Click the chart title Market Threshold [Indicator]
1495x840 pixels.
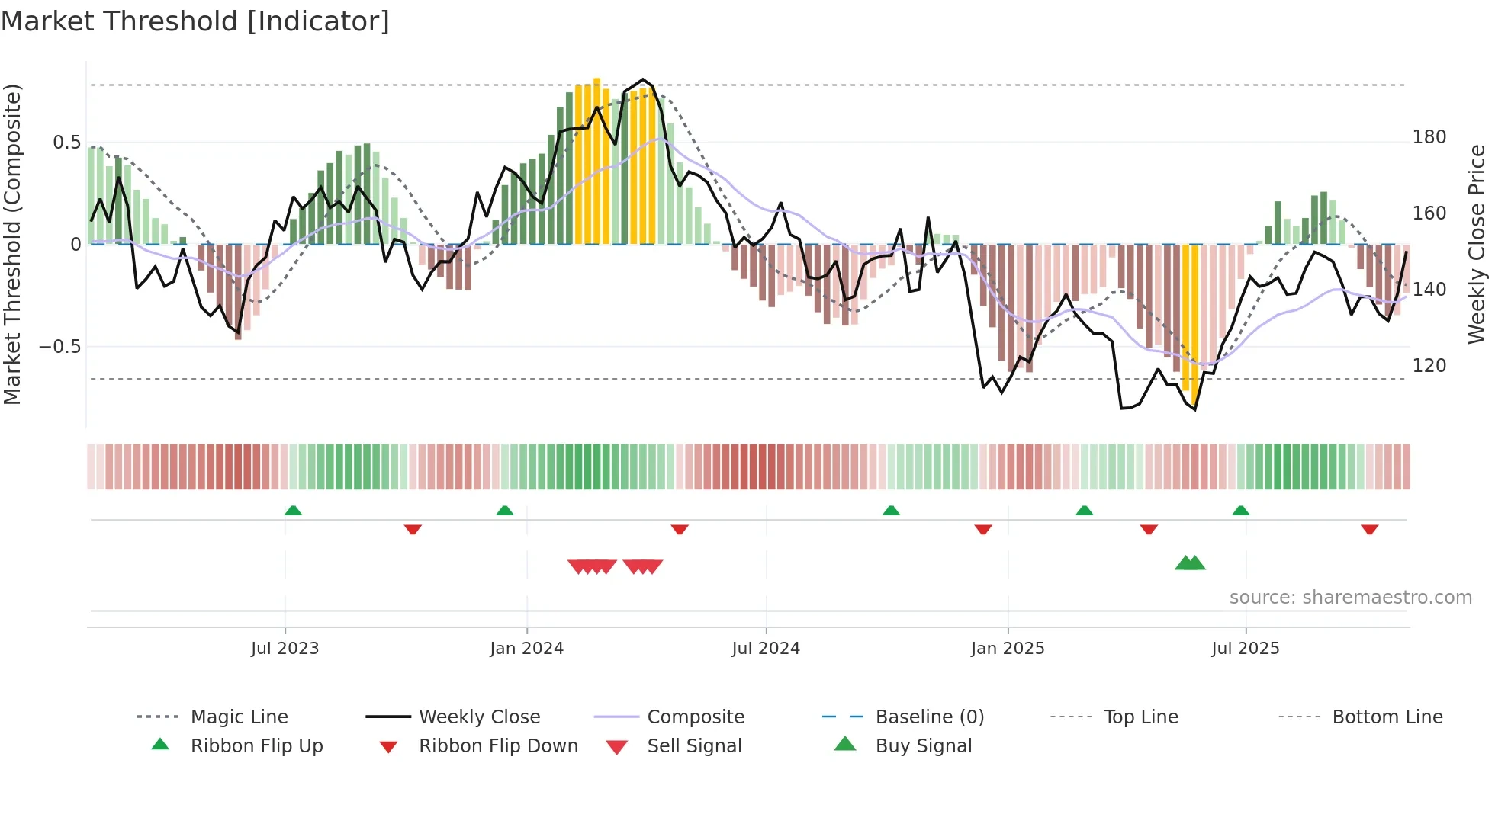coord(195,21)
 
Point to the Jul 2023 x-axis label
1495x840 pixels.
coord(285,649)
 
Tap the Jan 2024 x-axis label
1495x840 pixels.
coord(526,649)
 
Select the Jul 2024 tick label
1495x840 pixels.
coord(766,649)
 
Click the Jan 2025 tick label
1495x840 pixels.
coord(1007,649)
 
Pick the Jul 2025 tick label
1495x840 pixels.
coord(1245,649)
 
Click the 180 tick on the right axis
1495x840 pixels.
coord(1429,137)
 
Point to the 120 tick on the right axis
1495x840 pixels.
coord(1429,366)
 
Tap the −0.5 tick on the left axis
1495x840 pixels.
coord(60,347)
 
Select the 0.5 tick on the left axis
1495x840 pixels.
coord(66,143)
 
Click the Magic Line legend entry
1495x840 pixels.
coord(239,717)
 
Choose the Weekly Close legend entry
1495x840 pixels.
coord(479,717)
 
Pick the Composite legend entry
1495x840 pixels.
coord(695,717)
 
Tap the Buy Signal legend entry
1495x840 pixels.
coord(923,746)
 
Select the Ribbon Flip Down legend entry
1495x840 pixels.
coord(497,746)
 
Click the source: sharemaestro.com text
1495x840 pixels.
coord(1350,598)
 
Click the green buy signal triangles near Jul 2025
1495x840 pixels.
coord(1190,563)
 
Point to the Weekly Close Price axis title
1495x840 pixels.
coord(1477,244)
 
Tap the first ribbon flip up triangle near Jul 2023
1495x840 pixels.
coord(293,511)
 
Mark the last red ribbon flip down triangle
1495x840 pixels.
coord(1369,529)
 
